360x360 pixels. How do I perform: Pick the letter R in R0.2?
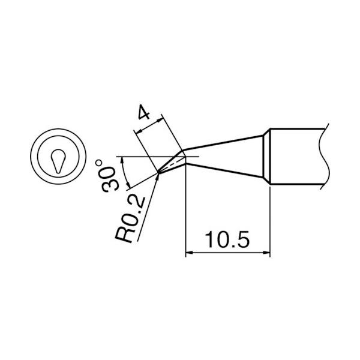tap(124, 235)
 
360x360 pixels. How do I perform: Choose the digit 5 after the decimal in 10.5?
tap(242, 241)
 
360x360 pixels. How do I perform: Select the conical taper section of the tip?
tap(228, 154)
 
